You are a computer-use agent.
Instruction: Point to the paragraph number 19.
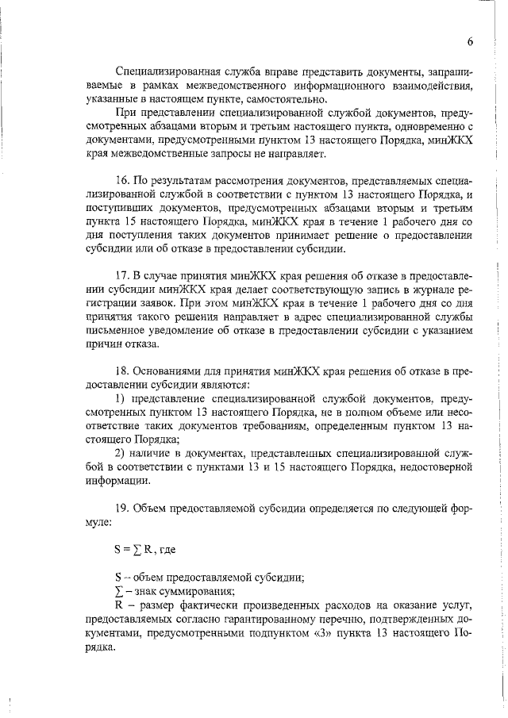(x=121, y=507)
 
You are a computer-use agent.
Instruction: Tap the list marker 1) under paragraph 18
(x=121, y=397)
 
